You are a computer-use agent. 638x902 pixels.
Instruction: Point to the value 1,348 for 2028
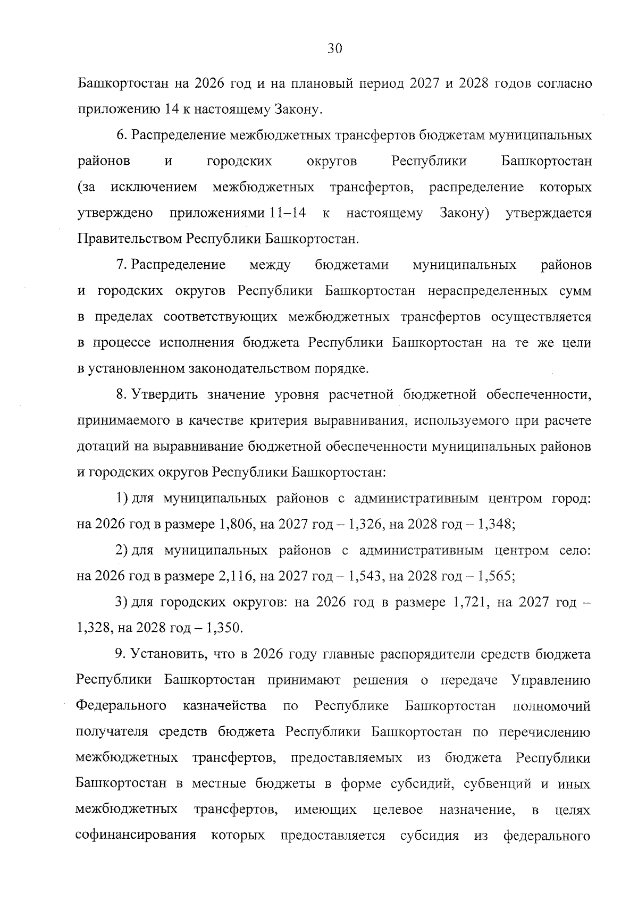pyautogui.click(x=496, y=524)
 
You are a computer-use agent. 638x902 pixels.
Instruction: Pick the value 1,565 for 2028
pyautogui.click(x=496, y=576)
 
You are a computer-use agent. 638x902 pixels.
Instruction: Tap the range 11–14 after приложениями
pyautogui.click(x=288, y=213)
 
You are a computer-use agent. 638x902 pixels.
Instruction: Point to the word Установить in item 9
pyautogui.click(x=168, y=654)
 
